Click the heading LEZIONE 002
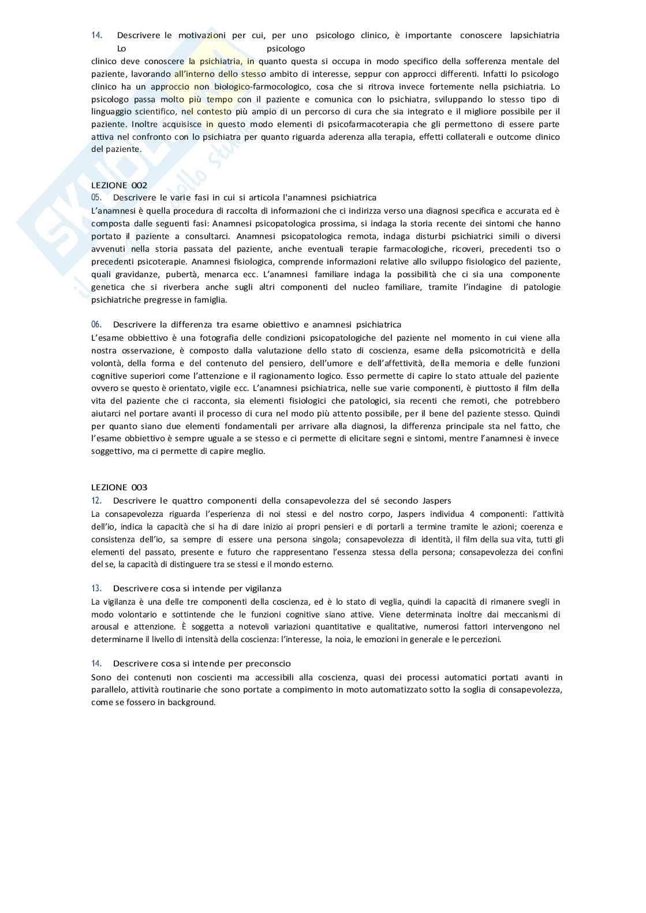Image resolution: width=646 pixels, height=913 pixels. [x=119, y=185]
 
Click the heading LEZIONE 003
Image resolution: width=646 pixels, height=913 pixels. [x=119, y=487]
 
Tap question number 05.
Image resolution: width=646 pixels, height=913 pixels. [x=96, y=197]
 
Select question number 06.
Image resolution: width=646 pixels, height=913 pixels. [x=96, y=325]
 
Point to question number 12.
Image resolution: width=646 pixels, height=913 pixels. [x=96, y=501]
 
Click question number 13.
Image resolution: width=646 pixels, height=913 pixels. [x=96, y=588]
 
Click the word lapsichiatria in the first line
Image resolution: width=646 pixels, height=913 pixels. [x=535, y=35]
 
